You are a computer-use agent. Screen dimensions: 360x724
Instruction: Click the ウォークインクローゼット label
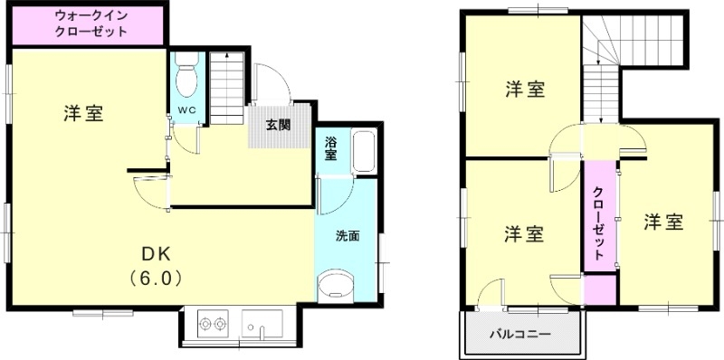pyautogui.click(x=90, y=24)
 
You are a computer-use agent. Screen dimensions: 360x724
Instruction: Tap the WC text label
pyautogui.click(x=187, y=110)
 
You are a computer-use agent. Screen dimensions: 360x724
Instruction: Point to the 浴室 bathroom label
pyautogui.click(x=331, y=148)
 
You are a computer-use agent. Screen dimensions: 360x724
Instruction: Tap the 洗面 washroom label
pyautogui.click(x=348, y=237)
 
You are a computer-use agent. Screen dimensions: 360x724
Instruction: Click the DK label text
pyautogui.click(x=157, y=252)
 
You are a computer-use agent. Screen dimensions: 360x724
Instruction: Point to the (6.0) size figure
pyautogui.click(x=157, y=278)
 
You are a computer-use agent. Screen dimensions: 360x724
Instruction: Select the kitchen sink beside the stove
pyautogui.click(x=262, y=324)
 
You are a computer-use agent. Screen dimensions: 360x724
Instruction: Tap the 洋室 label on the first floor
pyautogui.click(x=83, y=114)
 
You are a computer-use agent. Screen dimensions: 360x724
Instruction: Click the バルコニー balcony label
pyautogui.click(x=520, y=334)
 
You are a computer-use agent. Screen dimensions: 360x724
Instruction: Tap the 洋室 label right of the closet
pyautogui.click(x=663, y=221)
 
